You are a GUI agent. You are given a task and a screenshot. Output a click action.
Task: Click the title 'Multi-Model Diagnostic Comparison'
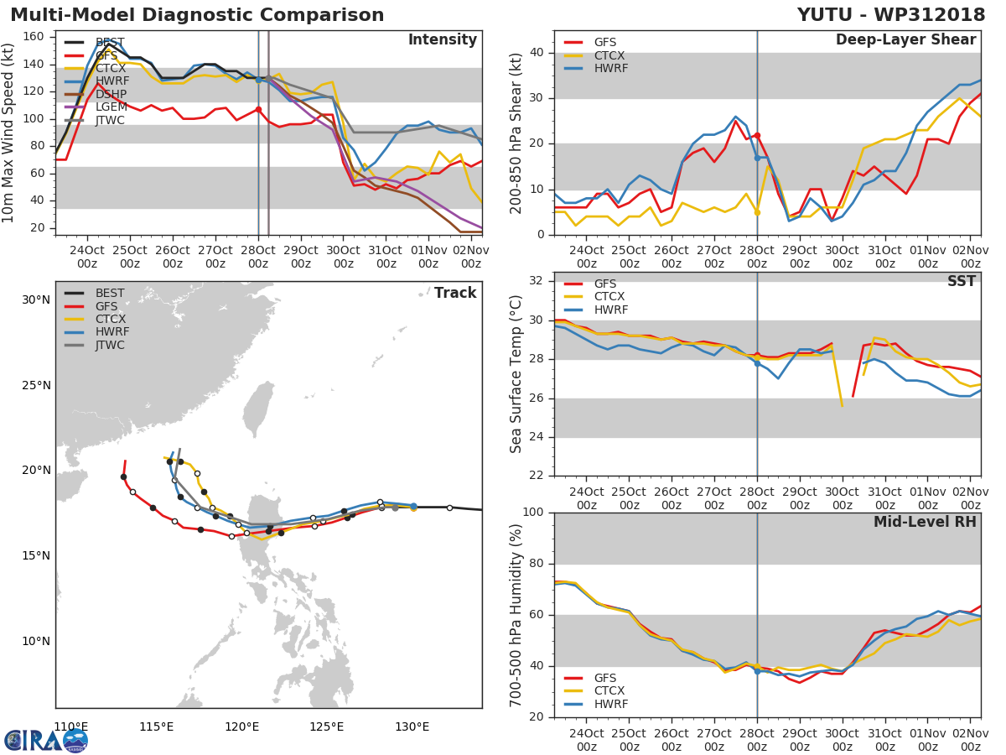[x=197, y=15]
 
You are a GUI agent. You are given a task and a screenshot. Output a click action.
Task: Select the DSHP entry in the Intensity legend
[x=110, y=95]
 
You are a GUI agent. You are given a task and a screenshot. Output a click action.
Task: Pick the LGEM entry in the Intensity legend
[x=110, y=108]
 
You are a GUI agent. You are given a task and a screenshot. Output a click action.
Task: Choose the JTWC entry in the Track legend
[x=110, y=346]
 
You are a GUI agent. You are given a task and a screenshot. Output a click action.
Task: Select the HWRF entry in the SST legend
[x=610, y=310]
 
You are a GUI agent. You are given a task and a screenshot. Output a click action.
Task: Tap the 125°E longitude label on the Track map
[x=326, y=726]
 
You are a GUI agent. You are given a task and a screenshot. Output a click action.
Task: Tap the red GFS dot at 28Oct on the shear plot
[x=757, y=135]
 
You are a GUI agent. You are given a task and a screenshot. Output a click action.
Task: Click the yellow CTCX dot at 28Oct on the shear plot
[x=757, y=212]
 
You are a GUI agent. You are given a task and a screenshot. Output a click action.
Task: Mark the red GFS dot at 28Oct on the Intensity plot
[x=258, y=109]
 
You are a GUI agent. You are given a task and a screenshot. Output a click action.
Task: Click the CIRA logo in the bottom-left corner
[x=45, y=740]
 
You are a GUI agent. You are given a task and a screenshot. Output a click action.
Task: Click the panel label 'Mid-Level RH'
[x=925, y=522]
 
